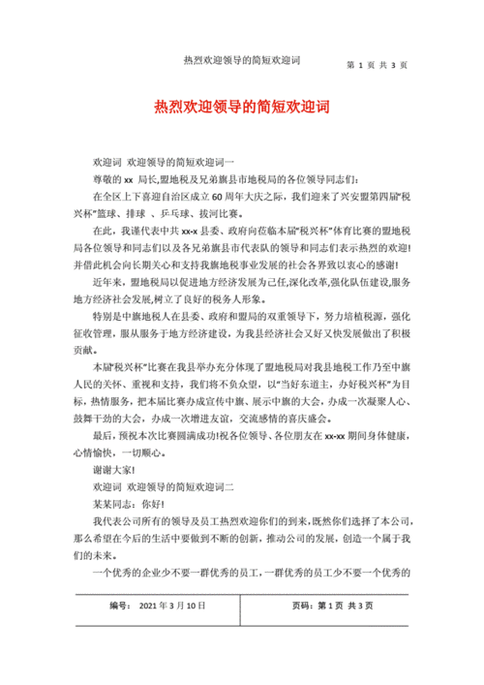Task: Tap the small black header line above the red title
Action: point(241,60)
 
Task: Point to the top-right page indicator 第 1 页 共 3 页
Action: point(377,66)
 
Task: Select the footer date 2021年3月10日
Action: point(173,606)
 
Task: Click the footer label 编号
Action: point(120,606)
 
